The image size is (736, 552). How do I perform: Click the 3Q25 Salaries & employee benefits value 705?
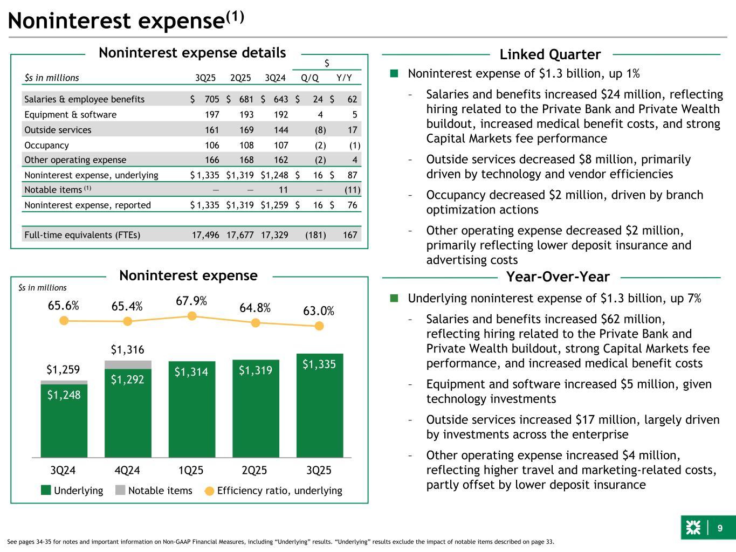(x=212, y=99)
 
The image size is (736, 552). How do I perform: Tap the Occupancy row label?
(x=47, y=145)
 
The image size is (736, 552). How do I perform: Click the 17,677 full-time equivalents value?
(x=239, y=235)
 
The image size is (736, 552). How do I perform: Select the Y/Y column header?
(x=344, y=78)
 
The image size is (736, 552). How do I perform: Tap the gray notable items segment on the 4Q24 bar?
(x=128, y=364)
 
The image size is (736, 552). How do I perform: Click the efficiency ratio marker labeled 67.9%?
(x=191, y=316)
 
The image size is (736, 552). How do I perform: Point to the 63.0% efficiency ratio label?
(x=318, y=311)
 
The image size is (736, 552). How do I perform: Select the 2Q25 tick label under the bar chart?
(x=254, y=470)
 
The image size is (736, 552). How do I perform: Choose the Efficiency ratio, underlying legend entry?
(x=273, y=491)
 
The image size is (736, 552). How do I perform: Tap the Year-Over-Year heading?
(x=558, y=277)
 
